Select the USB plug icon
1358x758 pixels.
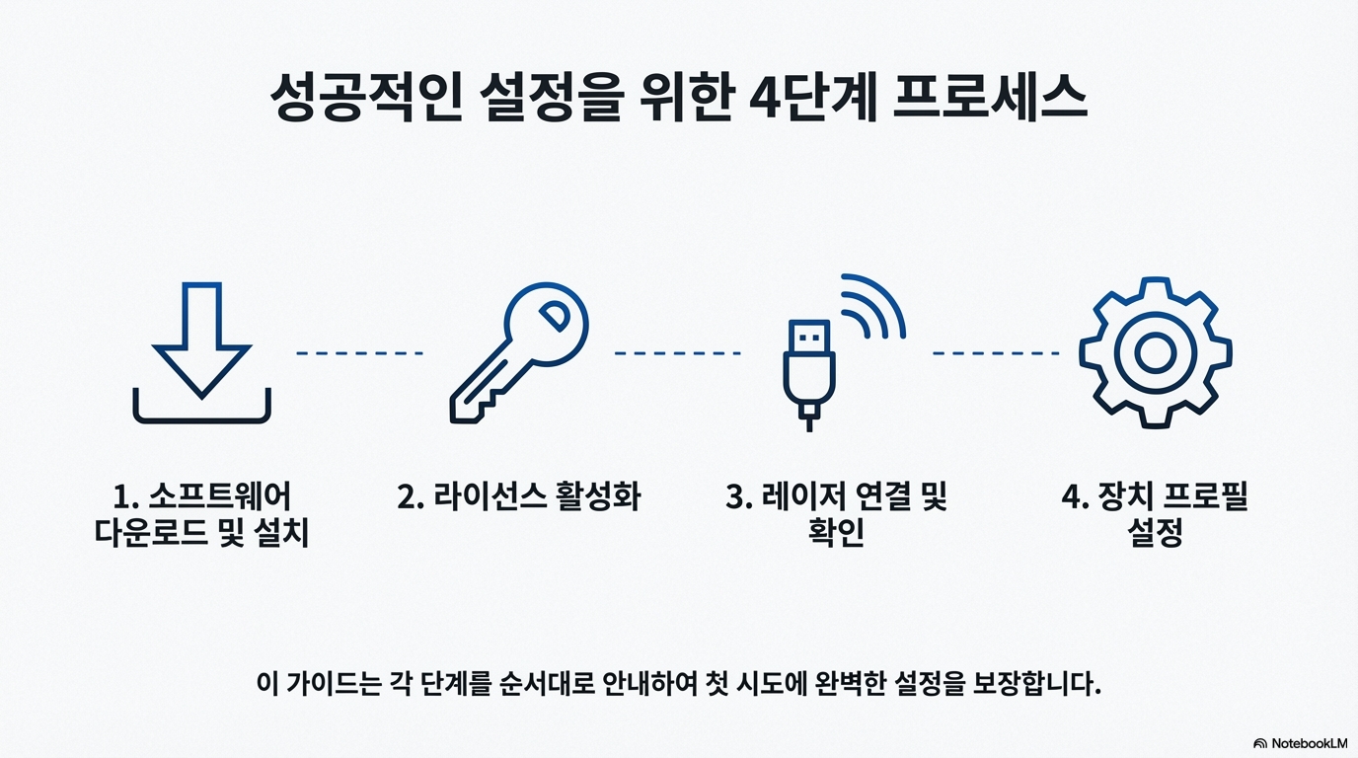coord(808,371)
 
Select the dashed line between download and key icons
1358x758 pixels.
coord(360,352)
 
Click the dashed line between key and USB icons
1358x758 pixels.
coord(677,352)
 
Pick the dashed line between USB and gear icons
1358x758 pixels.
coord(996,352)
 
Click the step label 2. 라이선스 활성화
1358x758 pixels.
coord(519,496)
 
